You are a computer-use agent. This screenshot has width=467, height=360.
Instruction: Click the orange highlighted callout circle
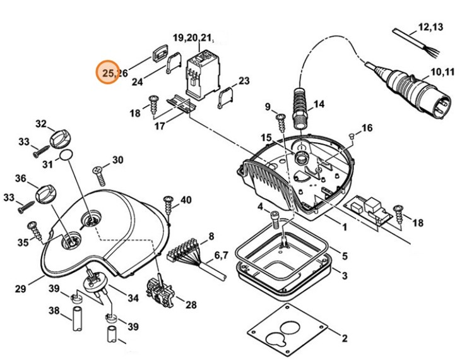108,73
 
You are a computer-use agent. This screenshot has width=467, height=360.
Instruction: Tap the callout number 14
319,104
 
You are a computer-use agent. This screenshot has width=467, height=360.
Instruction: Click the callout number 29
21,289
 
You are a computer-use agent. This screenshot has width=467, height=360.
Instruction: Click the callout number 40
186,200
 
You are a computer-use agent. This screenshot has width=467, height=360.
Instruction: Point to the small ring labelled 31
65,156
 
